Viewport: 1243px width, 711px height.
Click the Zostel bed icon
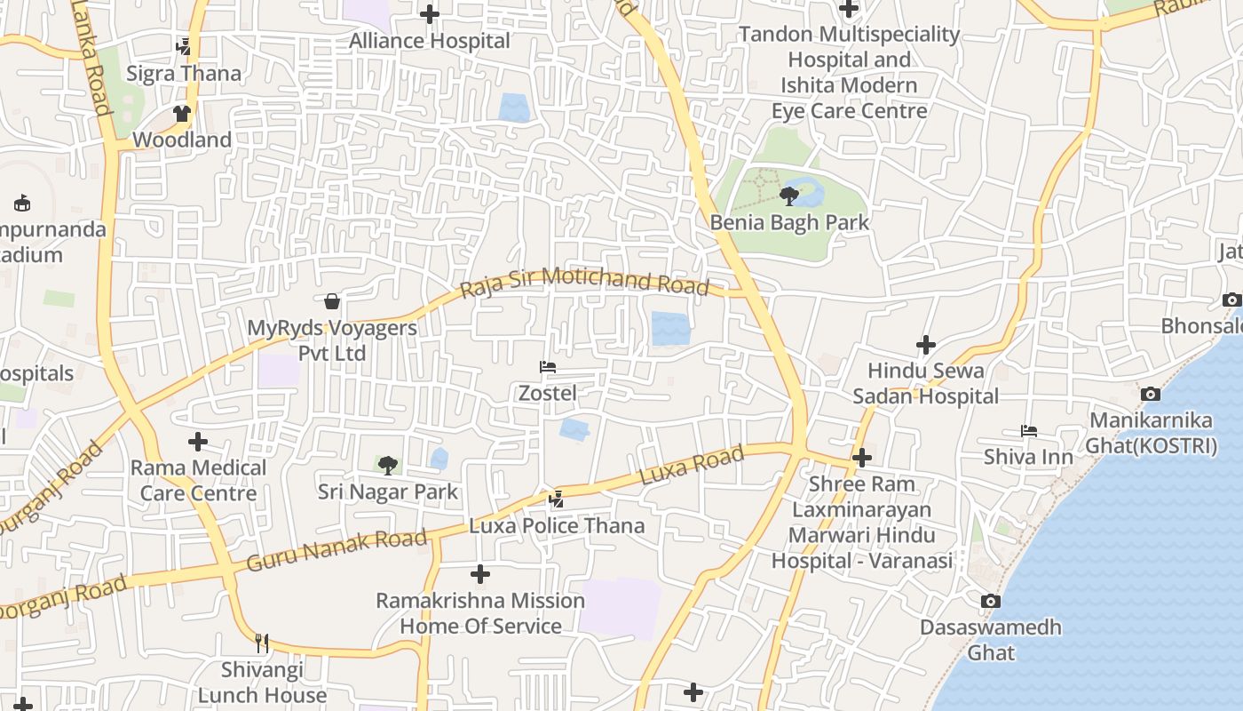pyautogui.click(x=548, y=367)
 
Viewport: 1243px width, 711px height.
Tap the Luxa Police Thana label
pyautogui.click(x=557, y=526)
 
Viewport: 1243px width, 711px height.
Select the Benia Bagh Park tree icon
pyautogui.click(x=788, y=196)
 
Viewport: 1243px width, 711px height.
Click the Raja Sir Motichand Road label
pyautogui.click(x=585, y=282)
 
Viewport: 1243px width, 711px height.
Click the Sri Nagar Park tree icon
pyautogui.click(x=387, y=465)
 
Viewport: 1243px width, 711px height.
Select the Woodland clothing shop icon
pyautogui.click(x=182, y=114)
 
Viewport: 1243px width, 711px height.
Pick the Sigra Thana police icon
pyautogui.click(x=184, y=46)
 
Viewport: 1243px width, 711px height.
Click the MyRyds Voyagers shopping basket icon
pyautogui.click(x=332, y=301)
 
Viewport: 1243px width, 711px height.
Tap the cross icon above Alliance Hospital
pyautogui.click(x=430, y=14)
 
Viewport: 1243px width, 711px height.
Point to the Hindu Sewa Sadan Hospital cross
pyautogui.click(x=926, y=344)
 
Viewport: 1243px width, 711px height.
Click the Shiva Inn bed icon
pyautogui.click(x=1029, y=431)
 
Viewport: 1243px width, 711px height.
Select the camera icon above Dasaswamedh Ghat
pyautogui.click(x=991, y=602)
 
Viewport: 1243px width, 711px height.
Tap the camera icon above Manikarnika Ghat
pyautogui.click(x=1151, y=394)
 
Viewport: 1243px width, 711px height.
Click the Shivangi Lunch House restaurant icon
pyautogui.click(x=262, y=643)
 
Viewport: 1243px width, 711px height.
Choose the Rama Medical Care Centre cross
pyautogui.click(x=198, y=441)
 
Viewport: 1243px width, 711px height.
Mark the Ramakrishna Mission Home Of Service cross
pyautogui.click(x=480, y=574)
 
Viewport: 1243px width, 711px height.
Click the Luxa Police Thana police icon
pyautogui.click(x=557, y=499)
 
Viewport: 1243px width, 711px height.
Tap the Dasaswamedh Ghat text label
pyautogui.click(x=991, y=640)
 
